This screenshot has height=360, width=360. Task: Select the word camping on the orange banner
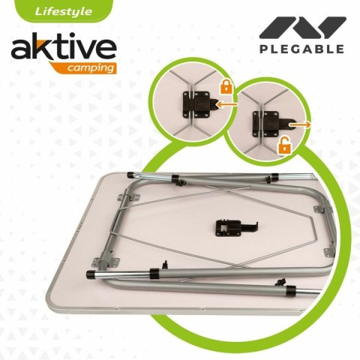[91, 67]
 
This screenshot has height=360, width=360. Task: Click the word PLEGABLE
[302, 49]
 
